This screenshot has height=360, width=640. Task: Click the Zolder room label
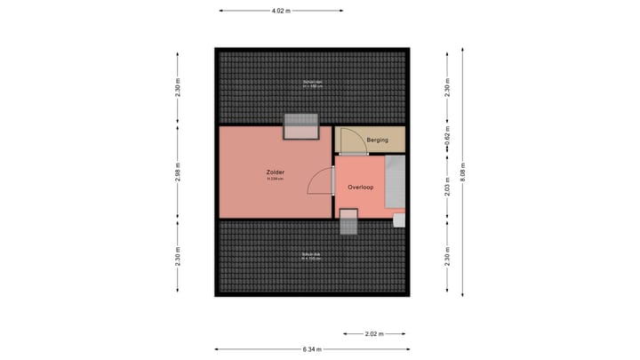pyautogui.click(x=275, y=171)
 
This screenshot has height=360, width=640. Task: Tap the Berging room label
pyautogui.click(x=379, y=140)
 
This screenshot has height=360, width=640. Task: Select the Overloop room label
pyautogui.click(x=362, y=188)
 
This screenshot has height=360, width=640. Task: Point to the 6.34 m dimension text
pyautogui.click(x=310, y=349)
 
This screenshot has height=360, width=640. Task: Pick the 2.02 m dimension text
pyautogui.click(x=374, y=334)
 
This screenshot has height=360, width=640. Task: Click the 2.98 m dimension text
pyautogui.click(x=178, y=172)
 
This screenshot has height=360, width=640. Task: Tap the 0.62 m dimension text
pyautogui.click(x=448, y=139)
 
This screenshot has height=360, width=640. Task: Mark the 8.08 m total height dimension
pyautogui.click(x=463, y=172)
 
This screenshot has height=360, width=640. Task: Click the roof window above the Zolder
pyautogui.click(x=300, y=127)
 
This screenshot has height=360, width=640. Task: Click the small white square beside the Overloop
pyautogui.click(x=399, y=219)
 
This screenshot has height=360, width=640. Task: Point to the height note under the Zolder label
pyautogui.click(x=275, y=179)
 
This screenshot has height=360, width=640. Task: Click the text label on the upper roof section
pyautogui.click(x=311, y=84)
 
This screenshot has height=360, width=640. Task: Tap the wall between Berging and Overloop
pyautogui.click(x=370, y=155)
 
